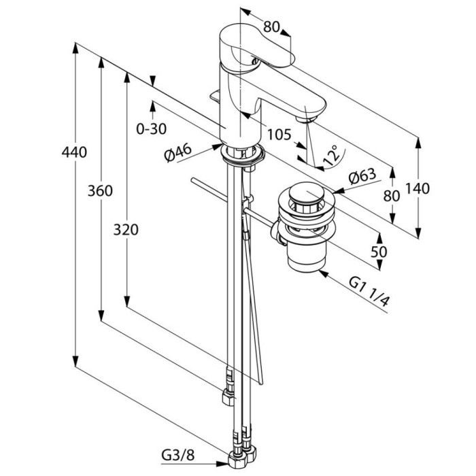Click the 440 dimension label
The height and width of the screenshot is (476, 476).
pyautogui.click(x=74, y=152)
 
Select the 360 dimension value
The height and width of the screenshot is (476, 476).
pyautogui.click(x=100, y=191)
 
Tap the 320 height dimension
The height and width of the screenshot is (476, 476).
pyautogui.click(x=126, y=230)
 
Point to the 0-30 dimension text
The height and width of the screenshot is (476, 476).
pyautogui.click(x=152, y=129)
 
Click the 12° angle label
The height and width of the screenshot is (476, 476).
pyautogui.click(x=331, y=156)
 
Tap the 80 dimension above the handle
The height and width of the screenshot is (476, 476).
pyautogui.click(x=271, y=27)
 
